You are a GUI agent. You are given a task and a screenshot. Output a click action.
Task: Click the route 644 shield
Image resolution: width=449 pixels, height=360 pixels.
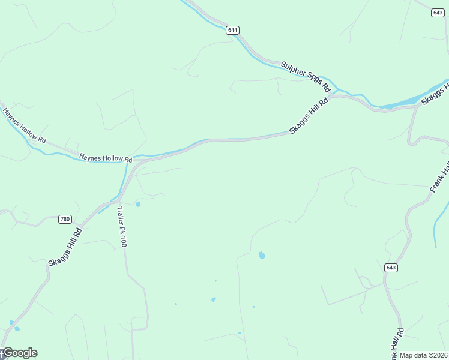tap(233, 30)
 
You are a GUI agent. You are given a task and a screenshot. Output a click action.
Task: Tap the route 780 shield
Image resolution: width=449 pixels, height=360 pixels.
tap(65, 219)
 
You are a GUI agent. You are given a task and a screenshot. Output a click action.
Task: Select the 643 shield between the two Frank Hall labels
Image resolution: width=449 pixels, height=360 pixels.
tap(391, 268)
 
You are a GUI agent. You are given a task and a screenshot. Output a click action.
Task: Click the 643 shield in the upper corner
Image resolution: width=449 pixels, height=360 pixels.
tap(438, 13)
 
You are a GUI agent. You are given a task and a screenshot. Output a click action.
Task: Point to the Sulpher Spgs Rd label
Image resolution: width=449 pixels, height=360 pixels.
tap(306, 75)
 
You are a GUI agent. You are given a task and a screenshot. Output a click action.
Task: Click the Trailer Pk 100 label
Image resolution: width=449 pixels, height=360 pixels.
tap(122, 227)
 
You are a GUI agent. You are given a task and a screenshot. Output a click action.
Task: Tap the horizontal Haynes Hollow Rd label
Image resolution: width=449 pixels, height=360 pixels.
tap(106, 158)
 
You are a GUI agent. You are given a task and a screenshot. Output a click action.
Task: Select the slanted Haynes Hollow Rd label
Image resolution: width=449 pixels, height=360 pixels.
tap(24, 125)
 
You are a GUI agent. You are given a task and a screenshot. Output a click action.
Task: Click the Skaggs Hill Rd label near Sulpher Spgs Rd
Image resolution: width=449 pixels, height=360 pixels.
tap(309, 115)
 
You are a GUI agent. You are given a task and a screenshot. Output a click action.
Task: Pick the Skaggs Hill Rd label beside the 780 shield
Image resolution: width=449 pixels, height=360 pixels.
tap(65, 247)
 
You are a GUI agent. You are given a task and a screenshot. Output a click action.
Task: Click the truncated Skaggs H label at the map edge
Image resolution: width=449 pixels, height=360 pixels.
tap(435, 95)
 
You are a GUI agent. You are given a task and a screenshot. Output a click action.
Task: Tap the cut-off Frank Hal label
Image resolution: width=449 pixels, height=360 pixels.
tap(439, 176)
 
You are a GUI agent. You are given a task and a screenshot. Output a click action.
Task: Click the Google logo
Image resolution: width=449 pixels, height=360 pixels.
tap(19, 353)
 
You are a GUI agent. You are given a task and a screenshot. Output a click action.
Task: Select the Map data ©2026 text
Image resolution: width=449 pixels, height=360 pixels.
tap(424, 355)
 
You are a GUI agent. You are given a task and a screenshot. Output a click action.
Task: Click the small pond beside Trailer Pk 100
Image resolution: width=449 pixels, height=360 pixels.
tap(138, 205)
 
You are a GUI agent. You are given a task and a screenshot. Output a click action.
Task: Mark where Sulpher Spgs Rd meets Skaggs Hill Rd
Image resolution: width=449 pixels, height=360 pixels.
tap(331, 95)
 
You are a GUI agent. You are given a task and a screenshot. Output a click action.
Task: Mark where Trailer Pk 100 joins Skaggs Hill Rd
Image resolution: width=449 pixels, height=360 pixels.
tap(119, 198)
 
